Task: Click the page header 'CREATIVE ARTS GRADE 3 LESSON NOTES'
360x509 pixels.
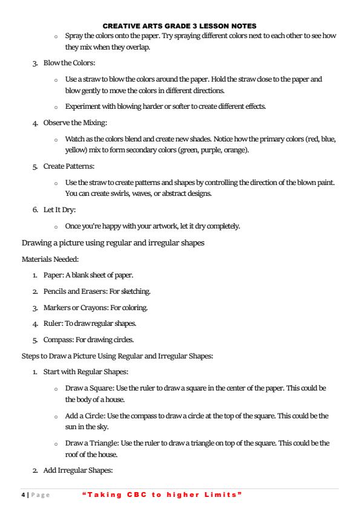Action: tap(180, 26)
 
